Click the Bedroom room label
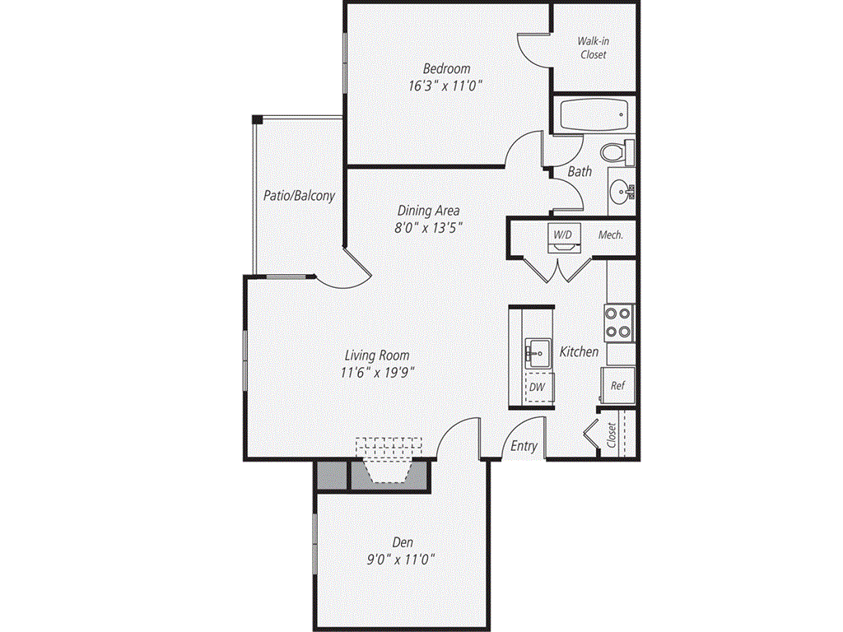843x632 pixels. (x=447, y=68)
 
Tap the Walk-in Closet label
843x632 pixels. (x=593, y=48)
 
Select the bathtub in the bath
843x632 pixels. (x=593, y=115)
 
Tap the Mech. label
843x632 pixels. (x=610, y=235)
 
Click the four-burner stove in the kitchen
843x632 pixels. (x=619, y=323)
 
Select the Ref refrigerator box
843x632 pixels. (x=617, y=385)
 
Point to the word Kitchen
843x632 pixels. (x=580, y=351)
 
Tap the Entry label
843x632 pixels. (x=524, y=446)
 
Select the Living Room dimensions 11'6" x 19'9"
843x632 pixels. (x=377, y=372)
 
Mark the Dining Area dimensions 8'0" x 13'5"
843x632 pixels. (x=428, y=227)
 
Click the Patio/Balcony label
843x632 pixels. (x=299, y=196)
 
